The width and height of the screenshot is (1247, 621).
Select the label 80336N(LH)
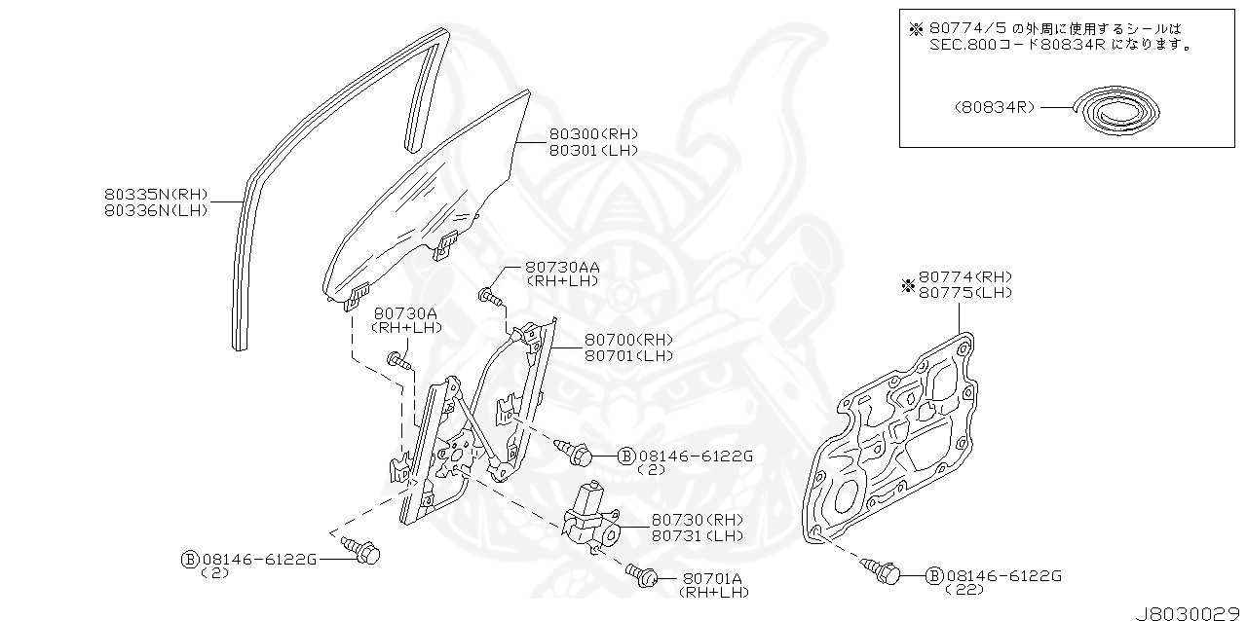click(x=157, y=210)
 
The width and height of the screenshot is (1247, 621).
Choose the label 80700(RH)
click(x=628, y=340)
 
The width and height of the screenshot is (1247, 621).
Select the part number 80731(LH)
click(x=697, y=536)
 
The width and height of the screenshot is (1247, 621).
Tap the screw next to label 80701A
click(x=640, y=575)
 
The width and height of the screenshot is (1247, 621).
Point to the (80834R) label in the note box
click(x=995, y=108)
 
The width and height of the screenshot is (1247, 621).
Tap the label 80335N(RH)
click(x=157, y=195)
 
